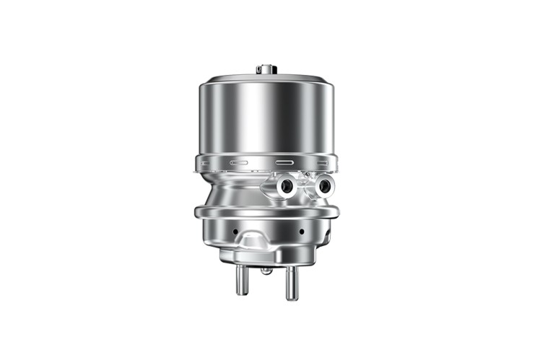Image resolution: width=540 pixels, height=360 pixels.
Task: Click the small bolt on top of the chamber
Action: [266, 69]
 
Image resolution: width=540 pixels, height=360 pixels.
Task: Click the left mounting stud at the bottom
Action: [241, 279]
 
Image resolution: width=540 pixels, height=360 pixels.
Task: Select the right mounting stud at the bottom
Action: [290, 282]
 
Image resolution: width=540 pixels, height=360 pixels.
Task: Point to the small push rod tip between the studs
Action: [266, 271]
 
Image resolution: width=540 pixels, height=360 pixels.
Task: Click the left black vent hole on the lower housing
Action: [235, 232]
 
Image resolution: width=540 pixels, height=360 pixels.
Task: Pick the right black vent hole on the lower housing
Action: [301, 232]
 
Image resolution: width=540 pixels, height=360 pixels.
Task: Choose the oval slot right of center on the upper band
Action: [287, 162]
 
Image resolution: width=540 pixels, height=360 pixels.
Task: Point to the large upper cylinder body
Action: [266, 119]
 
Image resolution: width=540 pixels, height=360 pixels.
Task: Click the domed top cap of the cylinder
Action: [266, 77]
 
